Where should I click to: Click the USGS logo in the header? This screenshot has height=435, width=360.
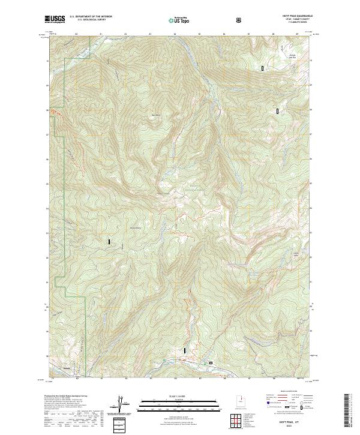[55, 20]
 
